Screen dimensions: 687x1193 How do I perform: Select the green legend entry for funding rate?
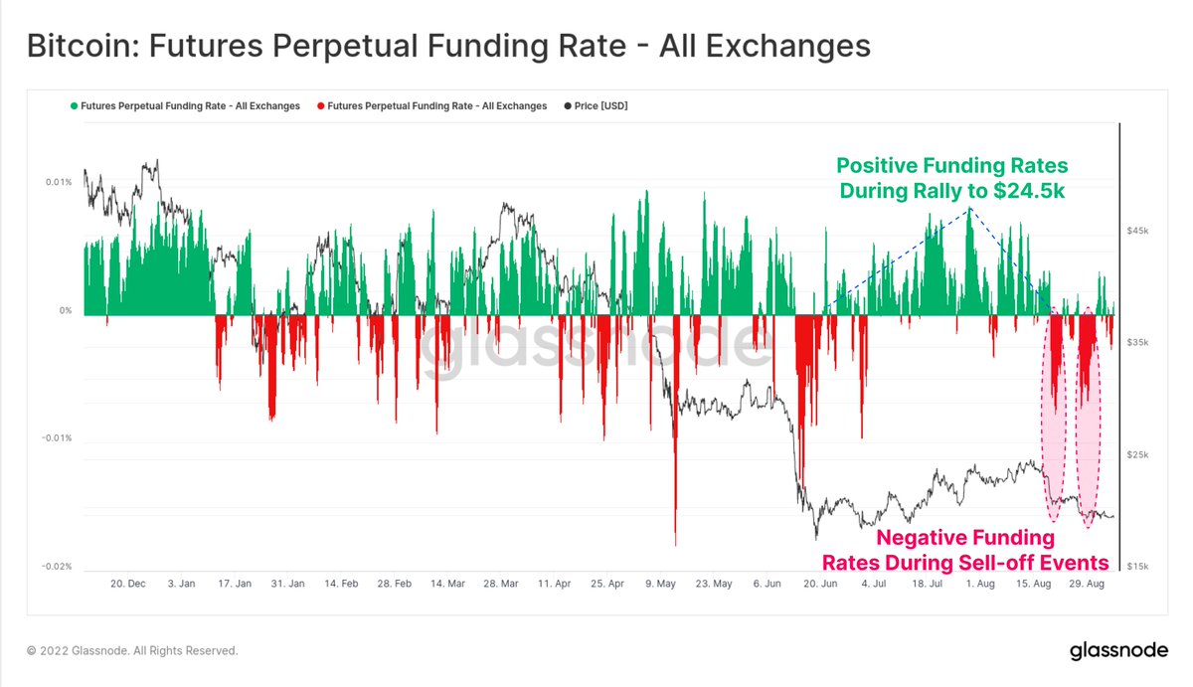pyautogui.click(x=184, y=105)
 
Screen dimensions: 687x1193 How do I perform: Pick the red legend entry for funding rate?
pyautogui.click(x=430, y=105)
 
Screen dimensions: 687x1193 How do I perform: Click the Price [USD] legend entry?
pyautogui.click(x=596, y=105)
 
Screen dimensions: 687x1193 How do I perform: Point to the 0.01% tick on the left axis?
pyautogui.click(x=58, y=182)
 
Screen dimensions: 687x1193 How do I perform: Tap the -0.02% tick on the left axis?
pyautogui.click(x=56, y=567)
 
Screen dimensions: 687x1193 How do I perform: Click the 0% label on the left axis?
pyautogui.click(x=66, y=311)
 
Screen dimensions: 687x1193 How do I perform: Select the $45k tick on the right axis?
pyautogui.click(x=1137, y=231)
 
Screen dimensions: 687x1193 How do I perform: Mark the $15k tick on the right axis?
pyautogui.click(x=1137, y=567)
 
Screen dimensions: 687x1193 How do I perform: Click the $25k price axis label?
pyautogui.click(x=1137, y=455)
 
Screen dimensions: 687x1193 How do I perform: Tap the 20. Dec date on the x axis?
pyautogui.click(x=128, y=584)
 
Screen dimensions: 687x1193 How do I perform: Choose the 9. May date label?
pyautogui.click(x=660, y=584)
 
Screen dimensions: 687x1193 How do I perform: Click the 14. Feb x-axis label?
pyautogui.click(x=341, y=584)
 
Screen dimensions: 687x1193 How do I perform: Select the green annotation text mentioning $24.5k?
pyautogui.click(x=951, y=178)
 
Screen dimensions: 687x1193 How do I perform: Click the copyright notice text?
pyautogui.click(x=132, y=651)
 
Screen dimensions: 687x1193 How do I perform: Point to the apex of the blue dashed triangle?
pyautogui.click(x=970, y=210)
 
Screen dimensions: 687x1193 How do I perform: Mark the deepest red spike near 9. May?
pyautogui.click(x=675, y=544)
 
